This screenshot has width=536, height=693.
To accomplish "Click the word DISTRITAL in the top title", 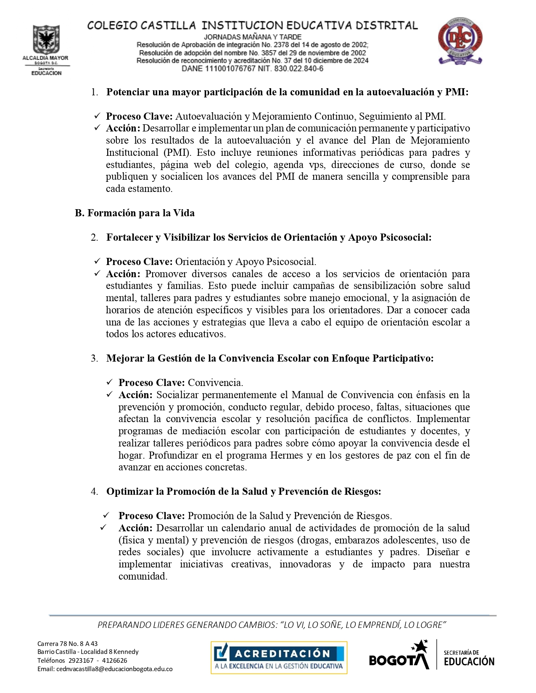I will coord(386,26).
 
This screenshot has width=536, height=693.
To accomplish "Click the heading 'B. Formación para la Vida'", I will coord(135,213).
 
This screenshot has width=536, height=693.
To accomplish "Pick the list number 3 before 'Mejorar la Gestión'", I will coord(94,359).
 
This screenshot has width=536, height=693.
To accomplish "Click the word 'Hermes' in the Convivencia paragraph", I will coord(286,456).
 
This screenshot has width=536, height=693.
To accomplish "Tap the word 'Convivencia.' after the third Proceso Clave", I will coord(215,383).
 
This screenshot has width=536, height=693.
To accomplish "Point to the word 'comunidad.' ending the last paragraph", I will coord(143,577).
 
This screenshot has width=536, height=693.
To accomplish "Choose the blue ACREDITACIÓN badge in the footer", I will coord(279,657).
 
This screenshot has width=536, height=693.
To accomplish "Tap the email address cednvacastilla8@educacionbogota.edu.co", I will coord(105,669).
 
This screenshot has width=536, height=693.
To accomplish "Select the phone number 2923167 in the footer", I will coord(81,661).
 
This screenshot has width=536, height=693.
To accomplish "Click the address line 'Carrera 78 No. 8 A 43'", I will coord(67,643).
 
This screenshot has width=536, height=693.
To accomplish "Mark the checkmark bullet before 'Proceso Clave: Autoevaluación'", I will coord(98,116).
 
